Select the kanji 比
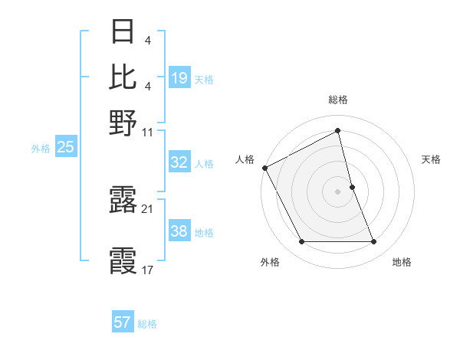tap(123, 77)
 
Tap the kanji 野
tap(123, 123)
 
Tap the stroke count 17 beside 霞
tap(148, 270)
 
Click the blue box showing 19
tap(179, 77)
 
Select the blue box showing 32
tap(179, 162)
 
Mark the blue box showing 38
tap(179, 231)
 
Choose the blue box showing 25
tap(65, 148)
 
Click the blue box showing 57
tap(122, 322)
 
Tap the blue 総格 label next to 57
tap(147, 324)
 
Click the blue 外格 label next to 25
tap(41, 149)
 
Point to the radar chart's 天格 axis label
tap(432, 159)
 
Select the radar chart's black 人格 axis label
tap(245, 159)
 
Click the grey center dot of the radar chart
tap(337, 191)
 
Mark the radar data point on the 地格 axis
tap(374, 242)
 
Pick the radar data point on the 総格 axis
tap(337, 131)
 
